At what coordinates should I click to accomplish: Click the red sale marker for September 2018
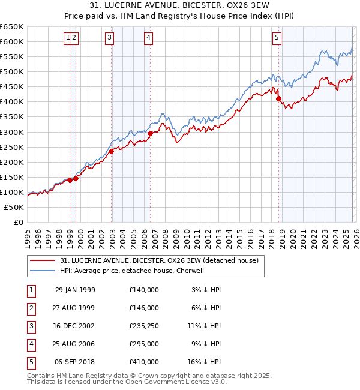(278, 99)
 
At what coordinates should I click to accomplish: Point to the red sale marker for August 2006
(151, 133)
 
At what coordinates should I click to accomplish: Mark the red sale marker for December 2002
(112, 151)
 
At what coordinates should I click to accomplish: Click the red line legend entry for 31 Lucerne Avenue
(159, 260)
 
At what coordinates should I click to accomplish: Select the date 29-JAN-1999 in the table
(75, 289)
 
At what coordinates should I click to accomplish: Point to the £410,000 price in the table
(144, 361)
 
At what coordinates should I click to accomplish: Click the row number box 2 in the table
(30, 307)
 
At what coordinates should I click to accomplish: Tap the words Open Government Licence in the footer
(180, 382)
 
